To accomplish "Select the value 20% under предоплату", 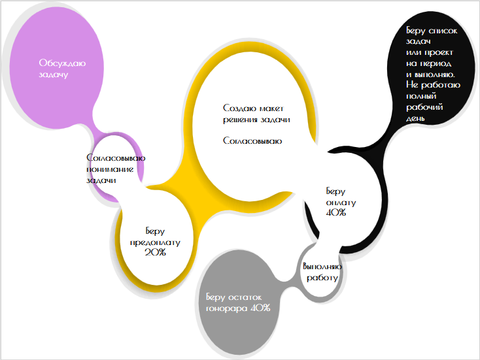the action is tap(155, 252).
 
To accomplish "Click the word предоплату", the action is tap(155, 241).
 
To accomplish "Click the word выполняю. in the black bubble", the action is tap(434, 74).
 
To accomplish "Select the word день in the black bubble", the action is tap(416, 118).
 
